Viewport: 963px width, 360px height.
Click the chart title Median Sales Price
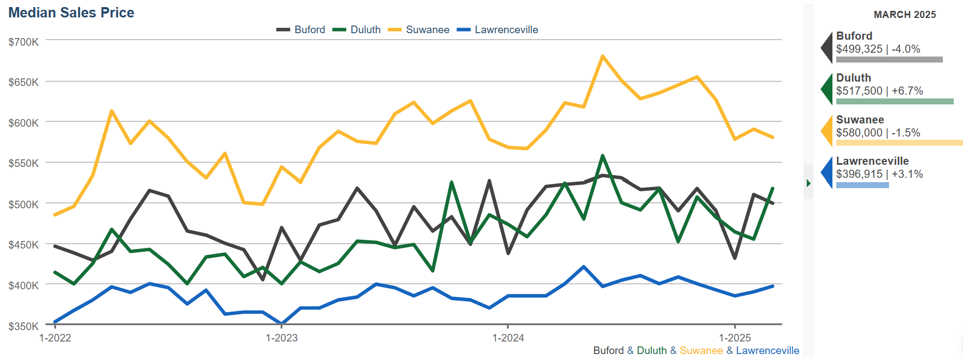click(x=71, y=13)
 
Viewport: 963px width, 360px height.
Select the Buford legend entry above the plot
click(x=309, y=30)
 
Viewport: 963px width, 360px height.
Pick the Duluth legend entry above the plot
click(x=365, y=30)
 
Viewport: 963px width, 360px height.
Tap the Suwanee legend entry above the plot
click(x=427, y=30)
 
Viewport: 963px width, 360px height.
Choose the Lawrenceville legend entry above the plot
click(x=506, y=30)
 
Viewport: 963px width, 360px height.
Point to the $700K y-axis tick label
click(x=23, y=42)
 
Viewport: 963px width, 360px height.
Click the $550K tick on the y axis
click(x=23, y=163)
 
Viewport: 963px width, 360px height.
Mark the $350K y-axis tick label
click(x=23, y=326)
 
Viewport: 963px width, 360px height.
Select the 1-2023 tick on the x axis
click(x=281, y=338)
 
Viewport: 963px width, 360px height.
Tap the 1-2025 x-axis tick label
click(x=734, y=338)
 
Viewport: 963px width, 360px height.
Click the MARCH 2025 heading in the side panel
click(x=904, y=15)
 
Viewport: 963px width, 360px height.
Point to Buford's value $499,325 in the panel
click(x=859, y=49)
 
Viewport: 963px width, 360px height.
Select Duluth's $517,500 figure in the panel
click(x=859, y=91)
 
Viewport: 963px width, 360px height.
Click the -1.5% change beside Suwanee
click(x=906, y=133)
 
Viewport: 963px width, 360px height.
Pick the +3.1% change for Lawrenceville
click(x=908, y=174)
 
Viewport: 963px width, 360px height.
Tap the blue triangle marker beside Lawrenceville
click(x=828, y=172)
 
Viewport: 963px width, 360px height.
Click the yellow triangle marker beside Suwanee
click(x=828, y=131)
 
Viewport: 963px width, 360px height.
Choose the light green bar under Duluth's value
click(x=894, y=101)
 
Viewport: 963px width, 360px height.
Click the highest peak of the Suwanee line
click(x=602, y=56)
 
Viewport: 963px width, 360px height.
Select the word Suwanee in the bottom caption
click(x=701, y=351)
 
